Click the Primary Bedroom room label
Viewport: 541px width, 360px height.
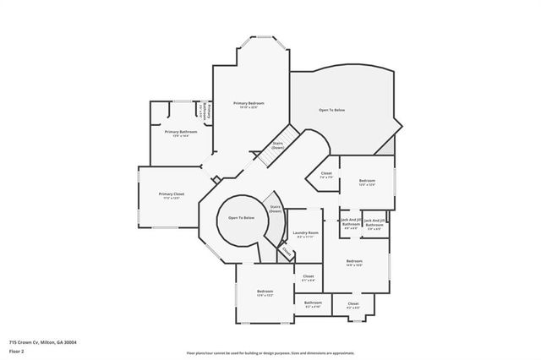(250, 103)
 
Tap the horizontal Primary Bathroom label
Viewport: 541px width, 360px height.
(181, 132)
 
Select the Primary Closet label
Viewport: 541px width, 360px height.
(172, 194)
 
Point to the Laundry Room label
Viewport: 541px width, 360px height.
(305, 232)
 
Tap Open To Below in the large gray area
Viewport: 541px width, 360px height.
(331, 111)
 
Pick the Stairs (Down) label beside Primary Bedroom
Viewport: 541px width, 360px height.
(277, 146)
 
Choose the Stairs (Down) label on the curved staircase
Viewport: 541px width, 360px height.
(276, 208)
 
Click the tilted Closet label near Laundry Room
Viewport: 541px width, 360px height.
(287, 251)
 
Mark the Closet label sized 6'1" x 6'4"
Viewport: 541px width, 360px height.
(308, 276)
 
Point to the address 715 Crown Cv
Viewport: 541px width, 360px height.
(43, 342)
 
